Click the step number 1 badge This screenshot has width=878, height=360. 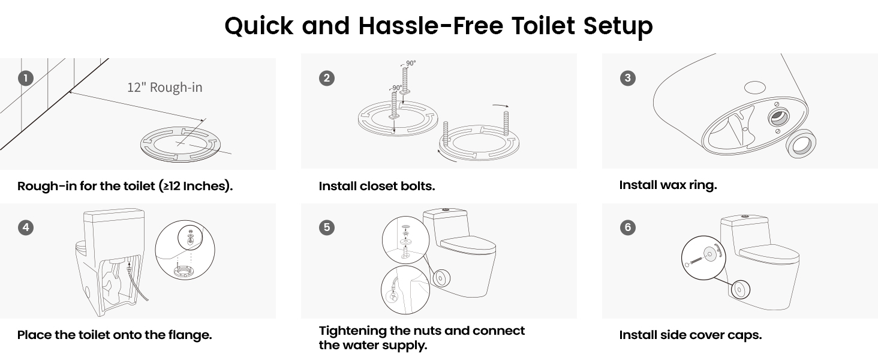26,78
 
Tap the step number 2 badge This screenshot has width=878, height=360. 327,78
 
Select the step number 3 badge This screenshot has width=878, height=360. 628,78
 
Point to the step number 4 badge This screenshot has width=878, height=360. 26,227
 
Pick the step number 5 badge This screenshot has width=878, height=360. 327,227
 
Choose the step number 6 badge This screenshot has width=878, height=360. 628,227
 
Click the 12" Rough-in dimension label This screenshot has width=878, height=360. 164,87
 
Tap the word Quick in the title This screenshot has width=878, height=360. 259,26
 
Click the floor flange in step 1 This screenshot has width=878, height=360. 181,145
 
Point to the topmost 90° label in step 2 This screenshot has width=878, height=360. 411,63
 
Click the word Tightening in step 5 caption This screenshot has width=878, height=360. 353,331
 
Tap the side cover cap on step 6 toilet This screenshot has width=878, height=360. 741,290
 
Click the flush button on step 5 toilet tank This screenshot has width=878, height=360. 446,210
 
